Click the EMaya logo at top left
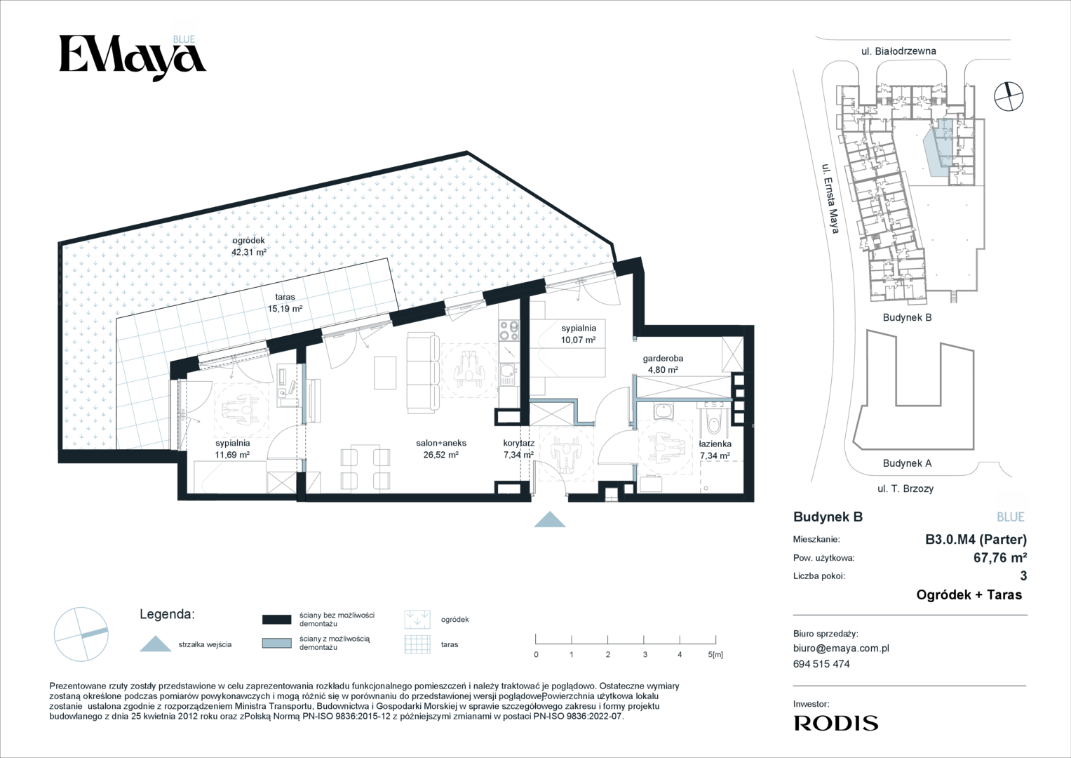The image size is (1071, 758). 133,58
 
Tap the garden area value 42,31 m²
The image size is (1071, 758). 248,252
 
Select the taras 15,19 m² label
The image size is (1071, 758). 285,303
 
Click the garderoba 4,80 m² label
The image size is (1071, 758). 663,364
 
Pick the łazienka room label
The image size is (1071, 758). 715,444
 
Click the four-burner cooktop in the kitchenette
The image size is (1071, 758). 508,330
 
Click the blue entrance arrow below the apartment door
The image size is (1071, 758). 550,519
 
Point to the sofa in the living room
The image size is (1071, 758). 423,374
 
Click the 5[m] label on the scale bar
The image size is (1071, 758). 715,655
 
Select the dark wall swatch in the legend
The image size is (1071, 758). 277,619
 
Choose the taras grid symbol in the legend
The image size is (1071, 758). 417,644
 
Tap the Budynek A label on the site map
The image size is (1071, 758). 907,463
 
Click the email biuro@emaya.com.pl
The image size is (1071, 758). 841,649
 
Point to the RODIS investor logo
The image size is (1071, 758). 836,723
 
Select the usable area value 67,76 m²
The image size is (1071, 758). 1000,557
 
